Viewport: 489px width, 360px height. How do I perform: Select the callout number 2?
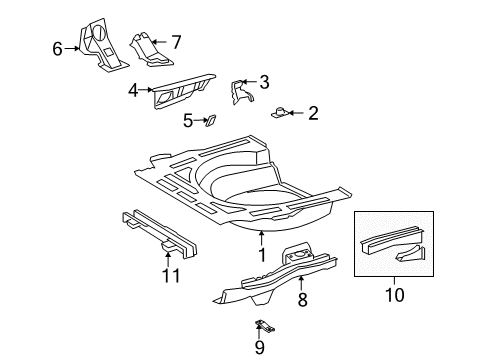click(313, 114)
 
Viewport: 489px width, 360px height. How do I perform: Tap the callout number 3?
click(264, 82)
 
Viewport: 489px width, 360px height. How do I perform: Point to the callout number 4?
click(134, 90)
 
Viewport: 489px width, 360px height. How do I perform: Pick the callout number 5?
click(187, 121)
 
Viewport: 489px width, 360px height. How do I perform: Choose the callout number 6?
click(58, 47)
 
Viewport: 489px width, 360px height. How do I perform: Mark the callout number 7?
click(176, 42)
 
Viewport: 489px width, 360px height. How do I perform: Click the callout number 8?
click(301, 298)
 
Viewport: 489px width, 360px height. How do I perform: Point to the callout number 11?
click(170, 275)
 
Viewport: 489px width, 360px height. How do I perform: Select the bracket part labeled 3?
click(241, 90)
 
